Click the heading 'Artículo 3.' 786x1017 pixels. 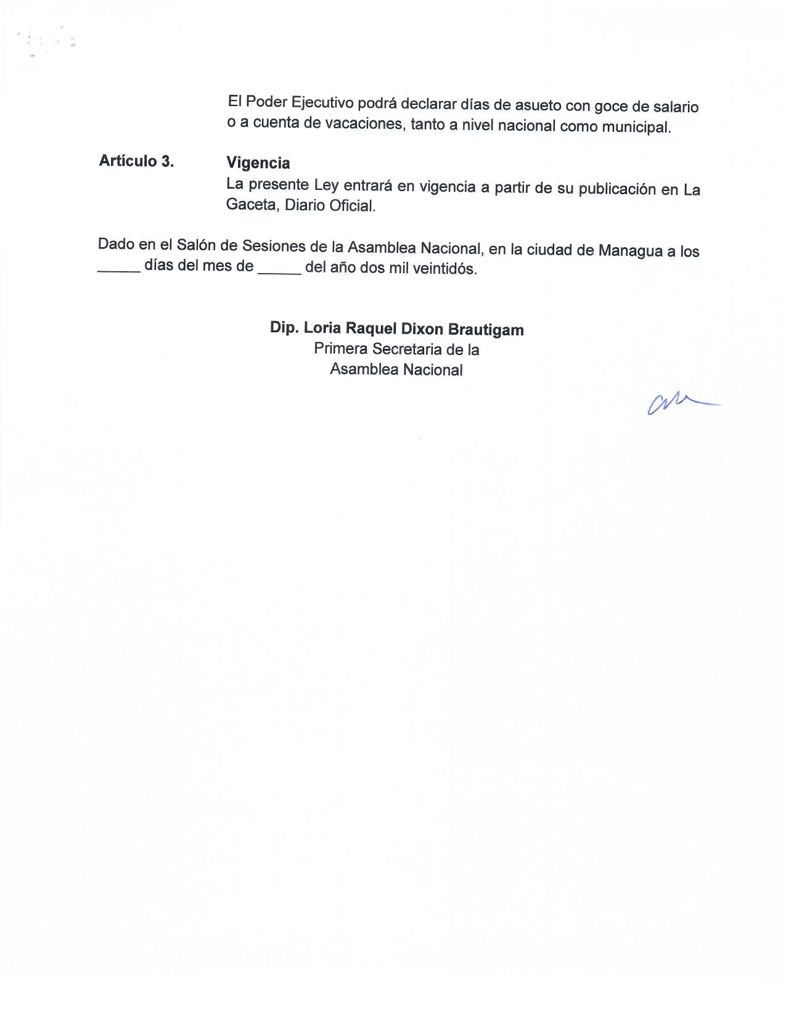point(136,161)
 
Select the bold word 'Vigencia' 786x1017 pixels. point(258,163)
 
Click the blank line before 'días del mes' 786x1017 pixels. point(119,270)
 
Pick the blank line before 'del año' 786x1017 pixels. point(280,271)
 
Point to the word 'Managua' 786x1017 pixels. point(624,251)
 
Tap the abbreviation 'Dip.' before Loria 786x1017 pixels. point(284,327)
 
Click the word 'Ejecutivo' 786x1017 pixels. point(325,102)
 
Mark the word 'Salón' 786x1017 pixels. point(197,245)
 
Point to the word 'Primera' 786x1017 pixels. point(340,348)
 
